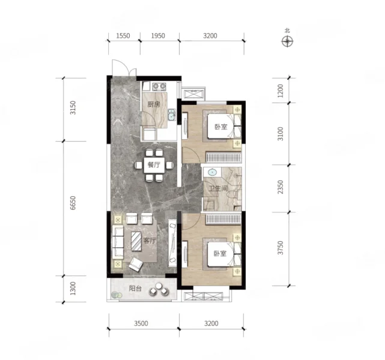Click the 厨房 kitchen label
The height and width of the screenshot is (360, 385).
(x=154, y=104)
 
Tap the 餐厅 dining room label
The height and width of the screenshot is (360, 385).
(x=154, y=164)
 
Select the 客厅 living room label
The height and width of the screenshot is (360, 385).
(x=150, y=241)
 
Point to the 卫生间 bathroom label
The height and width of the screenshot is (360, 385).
(x=218, y=188)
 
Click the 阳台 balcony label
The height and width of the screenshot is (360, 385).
(x=135, y=289)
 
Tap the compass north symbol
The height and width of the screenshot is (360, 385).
(x=287, y=41)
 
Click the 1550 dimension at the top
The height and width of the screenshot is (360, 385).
(x=123, y=36)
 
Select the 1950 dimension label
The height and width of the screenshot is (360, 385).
(x=158, y=36)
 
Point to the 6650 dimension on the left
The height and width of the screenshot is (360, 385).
(x=73, y=203)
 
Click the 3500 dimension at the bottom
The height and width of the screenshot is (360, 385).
(x=141, y=323)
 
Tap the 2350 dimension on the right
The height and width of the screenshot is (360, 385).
(x=280, y=187)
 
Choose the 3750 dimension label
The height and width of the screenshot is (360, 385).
(x=280, y=248)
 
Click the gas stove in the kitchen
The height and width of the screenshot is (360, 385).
(x=159, y=86)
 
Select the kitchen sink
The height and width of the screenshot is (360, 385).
(x=171, y=115)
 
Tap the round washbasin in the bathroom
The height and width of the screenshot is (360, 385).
(x=212, y=172)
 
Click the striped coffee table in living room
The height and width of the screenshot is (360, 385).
(x=136, y=241)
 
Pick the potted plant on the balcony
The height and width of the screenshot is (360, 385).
(x=115, y=295)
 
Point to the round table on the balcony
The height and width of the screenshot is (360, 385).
(x=159, y=286)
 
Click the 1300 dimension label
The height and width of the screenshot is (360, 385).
(x=73, y=289)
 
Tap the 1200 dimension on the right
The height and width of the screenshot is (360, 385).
(x=280, y=91)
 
